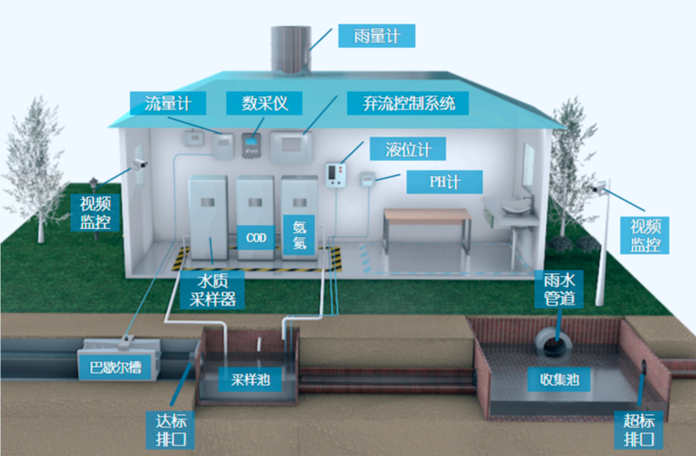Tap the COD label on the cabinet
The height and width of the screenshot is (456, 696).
pos(256,237)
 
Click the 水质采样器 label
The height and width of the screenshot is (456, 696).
pos(213,289)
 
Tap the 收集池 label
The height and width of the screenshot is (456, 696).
pos(559,379)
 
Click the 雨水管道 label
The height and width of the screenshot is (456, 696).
pos(557,290)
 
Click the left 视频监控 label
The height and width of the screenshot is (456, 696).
pos(95,212)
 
